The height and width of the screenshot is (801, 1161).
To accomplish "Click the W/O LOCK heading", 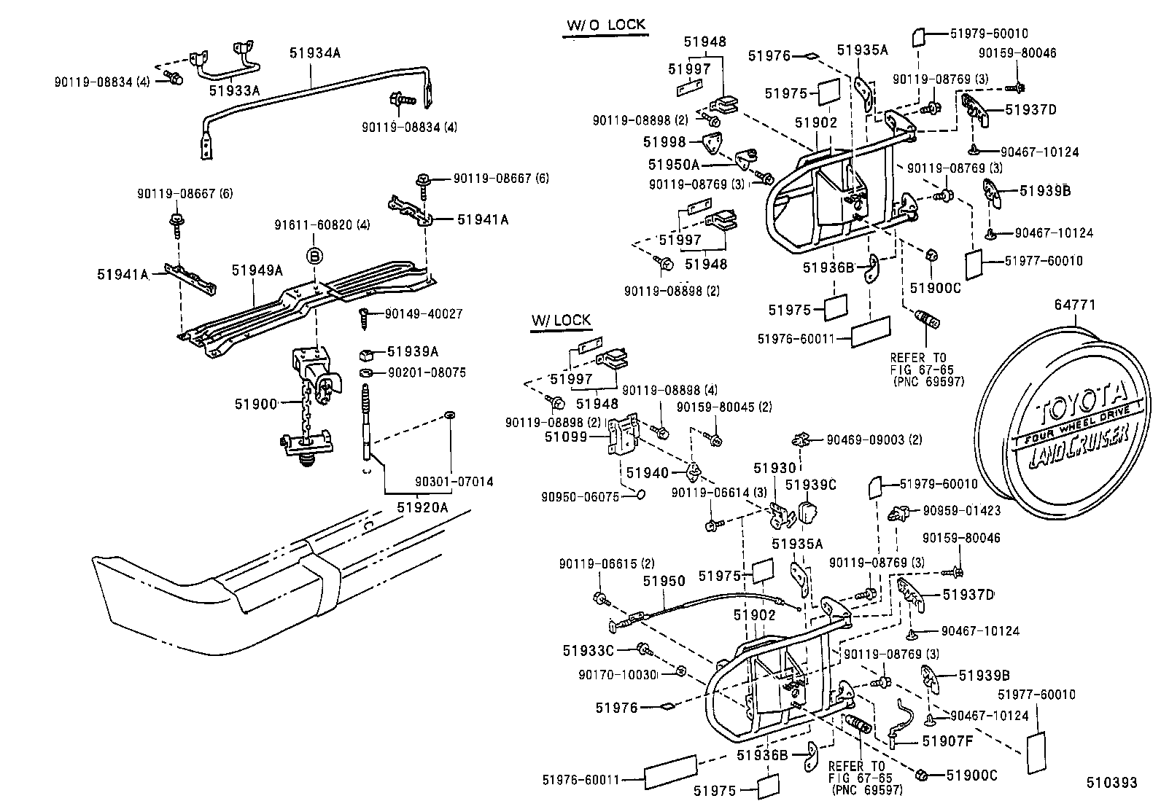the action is point(606,24).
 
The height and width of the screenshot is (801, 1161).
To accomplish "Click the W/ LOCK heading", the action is point(561,320).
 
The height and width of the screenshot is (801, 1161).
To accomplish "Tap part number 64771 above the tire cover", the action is point(1074,305).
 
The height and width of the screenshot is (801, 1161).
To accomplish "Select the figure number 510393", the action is point(1111,783).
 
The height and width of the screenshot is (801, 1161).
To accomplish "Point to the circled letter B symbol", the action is point(314,256).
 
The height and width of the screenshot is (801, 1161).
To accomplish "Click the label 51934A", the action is point(315,52).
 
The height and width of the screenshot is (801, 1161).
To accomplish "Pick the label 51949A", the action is point(257,270).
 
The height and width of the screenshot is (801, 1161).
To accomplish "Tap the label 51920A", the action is point(423,507).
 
